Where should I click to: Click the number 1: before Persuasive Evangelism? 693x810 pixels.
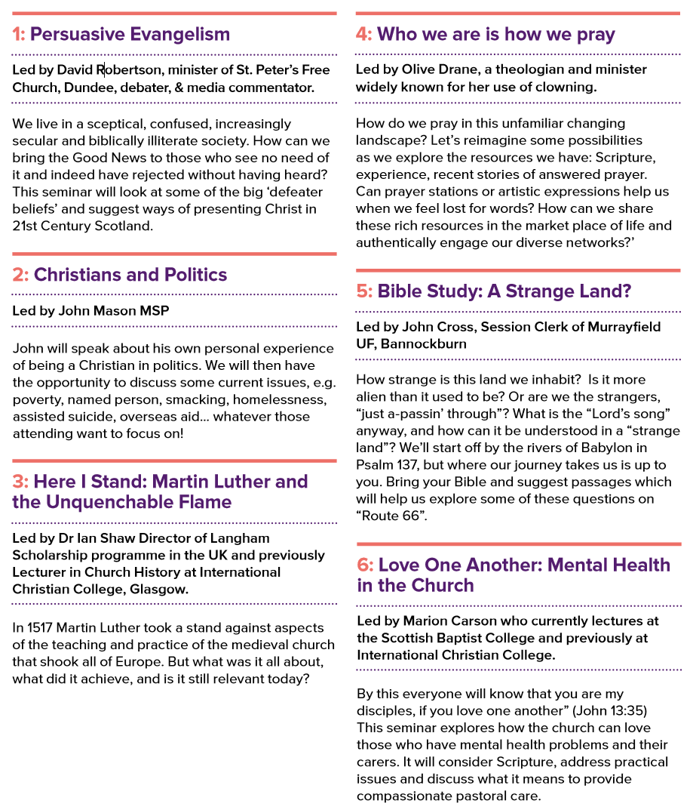pos(18,35)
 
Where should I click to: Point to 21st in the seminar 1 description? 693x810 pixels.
pos(27,226)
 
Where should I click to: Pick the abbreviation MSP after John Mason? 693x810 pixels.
pos(154,311)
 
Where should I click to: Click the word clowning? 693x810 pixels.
pos(567,87)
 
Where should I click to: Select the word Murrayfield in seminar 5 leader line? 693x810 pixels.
pos(625,326)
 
